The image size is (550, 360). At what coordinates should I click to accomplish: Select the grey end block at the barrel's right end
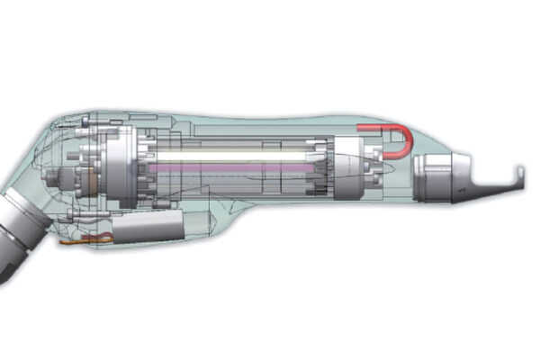tap(347, 167)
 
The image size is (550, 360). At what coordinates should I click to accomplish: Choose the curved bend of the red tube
tap(408, 138)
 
